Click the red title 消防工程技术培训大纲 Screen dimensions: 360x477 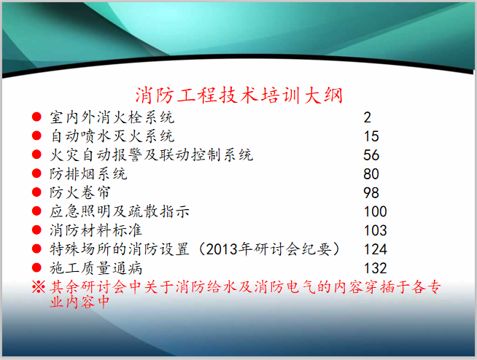(239, 96)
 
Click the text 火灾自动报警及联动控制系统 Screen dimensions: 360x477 (151, 154)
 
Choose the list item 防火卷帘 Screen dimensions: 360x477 (80, 192)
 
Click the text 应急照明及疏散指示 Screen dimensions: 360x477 (120, 211)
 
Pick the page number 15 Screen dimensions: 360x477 (371, 136)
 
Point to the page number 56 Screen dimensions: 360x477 (371, 155)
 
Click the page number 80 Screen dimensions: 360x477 (371, 174)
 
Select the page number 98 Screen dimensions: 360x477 (371, 193)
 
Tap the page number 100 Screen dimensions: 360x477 (375, 212)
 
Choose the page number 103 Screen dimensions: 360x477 (375, 231)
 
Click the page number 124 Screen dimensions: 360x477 (375, 250)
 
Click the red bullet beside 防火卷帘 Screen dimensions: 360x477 (36, 193)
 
